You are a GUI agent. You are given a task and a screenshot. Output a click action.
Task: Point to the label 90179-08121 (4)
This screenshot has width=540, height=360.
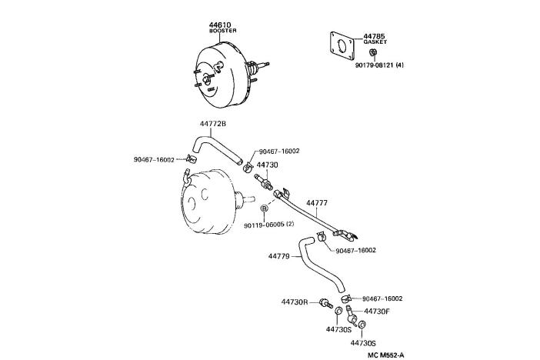click(379, 65)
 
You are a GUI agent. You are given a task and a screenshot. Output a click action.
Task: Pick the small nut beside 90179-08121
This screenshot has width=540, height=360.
click(372, 52)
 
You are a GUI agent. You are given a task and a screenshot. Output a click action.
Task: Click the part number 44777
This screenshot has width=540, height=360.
click(317, 204)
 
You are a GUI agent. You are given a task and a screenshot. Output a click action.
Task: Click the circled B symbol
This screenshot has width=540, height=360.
click(264, 208)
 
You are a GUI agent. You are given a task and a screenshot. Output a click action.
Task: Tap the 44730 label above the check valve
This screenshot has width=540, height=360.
click(267, 165)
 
